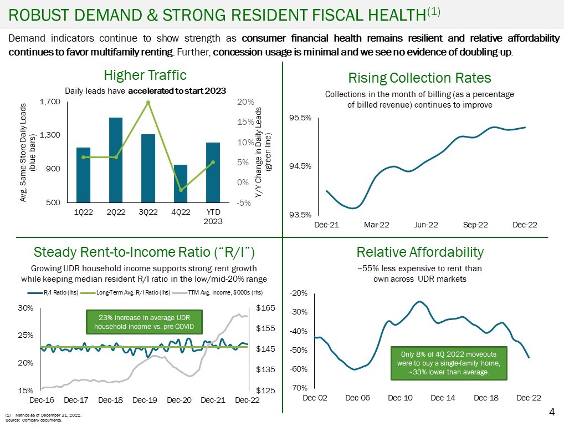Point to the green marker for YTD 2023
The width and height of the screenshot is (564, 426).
pyautogui.click(x=213, y=162)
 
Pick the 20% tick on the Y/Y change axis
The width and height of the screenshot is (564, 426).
pyautogui.click(x=246, y=102)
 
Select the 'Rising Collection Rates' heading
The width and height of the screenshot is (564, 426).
pyautogui.click(x=419, y=78)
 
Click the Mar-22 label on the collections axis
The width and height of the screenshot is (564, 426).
pyautogui.click(x=377, y=225)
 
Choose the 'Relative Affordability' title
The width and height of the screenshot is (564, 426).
pyautogui.click(x=420, y=252)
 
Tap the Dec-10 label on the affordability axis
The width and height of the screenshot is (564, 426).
pyautogui.click(x=400, y=398)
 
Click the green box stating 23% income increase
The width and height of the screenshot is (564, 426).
pyautogui.click(x=144, y=322)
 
